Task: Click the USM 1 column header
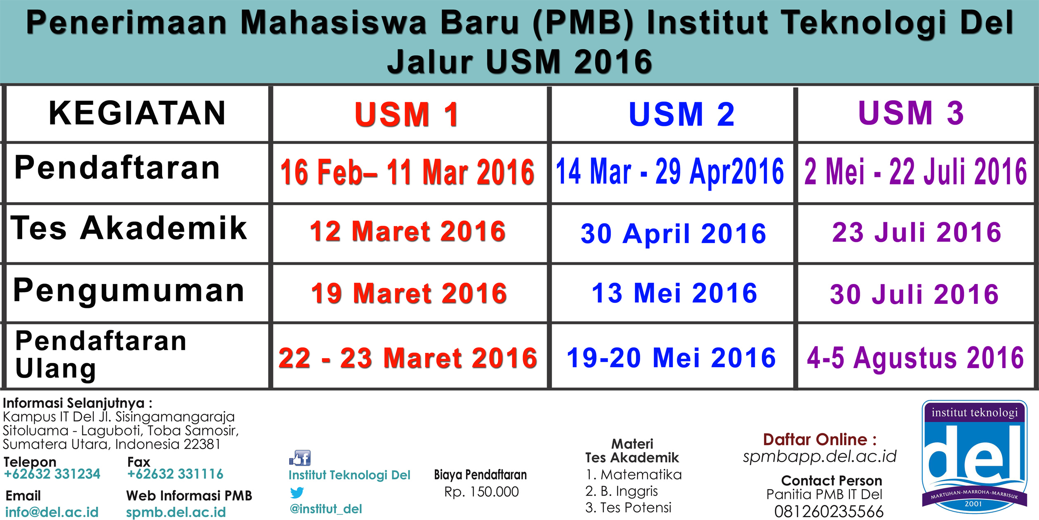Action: click(x=407, y=114)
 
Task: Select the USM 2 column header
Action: click(x=681, y=114)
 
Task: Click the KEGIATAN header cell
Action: click(x=137, y=113)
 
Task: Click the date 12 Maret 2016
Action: click(x=408, y=231)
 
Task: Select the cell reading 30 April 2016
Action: click(x=673, y=234)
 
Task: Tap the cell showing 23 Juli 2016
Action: click(x=916, y=232)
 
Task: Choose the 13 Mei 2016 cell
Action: click(x=674, y=293)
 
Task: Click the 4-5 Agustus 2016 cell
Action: click(x=915, y=357)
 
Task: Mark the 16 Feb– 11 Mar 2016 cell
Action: click(x=407, y=172)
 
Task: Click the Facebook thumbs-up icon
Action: click(x=300, y=458)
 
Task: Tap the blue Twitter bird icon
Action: click(x=297, y=492)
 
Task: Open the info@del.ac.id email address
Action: click(x=52, y=512)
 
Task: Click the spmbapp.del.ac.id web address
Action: click(x=820, y=456)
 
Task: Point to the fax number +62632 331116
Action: click(x=175, y=474)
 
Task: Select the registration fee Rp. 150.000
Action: click(x=481, y=492)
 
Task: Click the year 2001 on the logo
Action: click(x=973, y=504)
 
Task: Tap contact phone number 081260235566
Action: click(x=829, y=512)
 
